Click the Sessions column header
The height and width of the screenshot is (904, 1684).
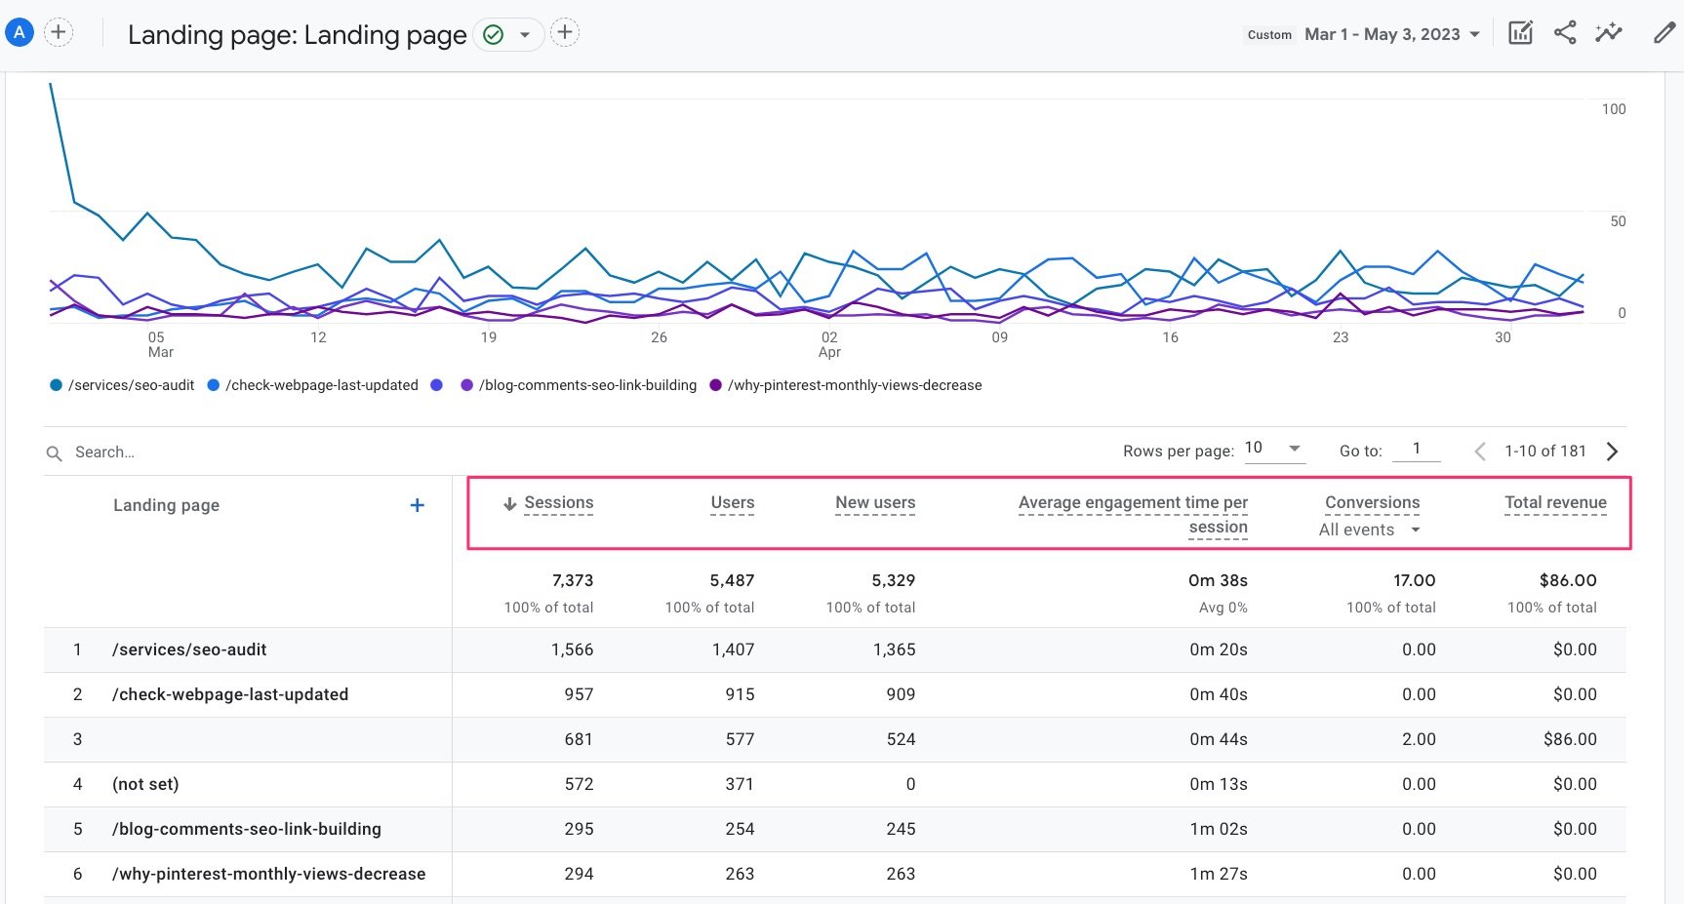click(558, 503)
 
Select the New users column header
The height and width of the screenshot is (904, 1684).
click(874, 503)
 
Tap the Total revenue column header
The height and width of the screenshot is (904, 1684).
click(1554, 503)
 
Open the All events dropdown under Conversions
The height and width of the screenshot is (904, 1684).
click(1369, 530)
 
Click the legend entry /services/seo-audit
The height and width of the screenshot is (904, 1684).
click(131, 385)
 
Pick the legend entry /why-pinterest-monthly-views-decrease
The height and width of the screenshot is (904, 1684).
click(854, 385)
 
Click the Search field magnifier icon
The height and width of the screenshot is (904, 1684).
click(55, 452)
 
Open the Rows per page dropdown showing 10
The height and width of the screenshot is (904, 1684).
click(1273, 449)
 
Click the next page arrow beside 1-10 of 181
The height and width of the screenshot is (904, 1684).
click(1612, 452)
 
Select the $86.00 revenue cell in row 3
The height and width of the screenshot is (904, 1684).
click(1569, 739)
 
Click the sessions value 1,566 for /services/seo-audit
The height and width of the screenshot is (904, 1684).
click(572, 649)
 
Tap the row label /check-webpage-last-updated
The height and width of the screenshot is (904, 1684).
click(230, 694)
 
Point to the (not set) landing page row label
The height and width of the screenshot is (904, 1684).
click(145, 784)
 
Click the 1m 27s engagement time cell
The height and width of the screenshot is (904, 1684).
click(1218, 874)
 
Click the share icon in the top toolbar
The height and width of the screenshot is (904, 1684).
click(1565, 33)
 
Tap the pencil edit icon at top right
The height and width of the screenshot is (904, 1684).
click(1664, 33)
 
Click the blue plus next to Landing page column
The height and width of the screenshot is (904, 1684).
click(417, 505)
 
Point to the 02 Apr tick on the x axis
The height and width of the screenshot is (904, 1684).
click(829, 344)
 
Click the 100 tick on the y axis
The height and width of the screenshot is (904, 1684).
click(1613, 109)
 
